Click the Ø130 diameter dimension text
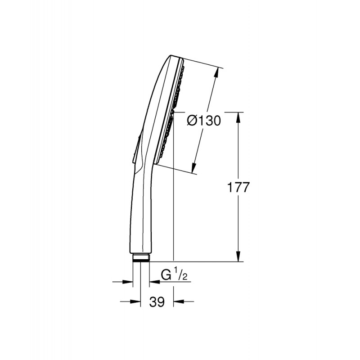(x=203, y=121)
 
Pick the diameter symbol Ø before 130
(x=191, y=121)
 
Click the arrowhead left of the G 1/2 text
(x=153, y=282)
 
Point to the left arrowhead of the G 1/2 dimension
(x=130, y=282)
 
